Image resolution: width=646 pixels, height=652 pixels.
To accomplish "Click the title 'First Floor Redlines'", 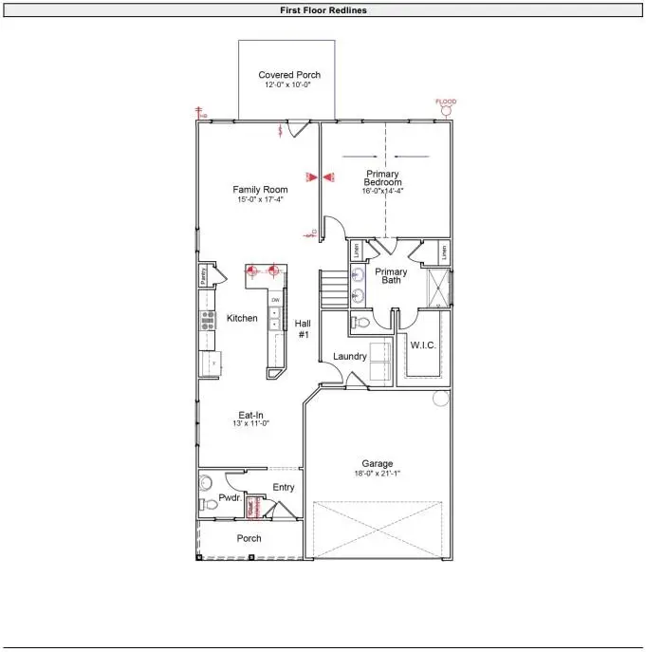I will (x=323, y=10).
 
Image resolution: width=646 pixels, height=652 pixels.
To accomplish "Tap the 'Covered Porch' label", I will (x=289, y=75).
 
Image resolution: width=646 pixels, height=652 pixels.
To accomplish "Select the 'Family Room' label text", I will (x=260, y=190).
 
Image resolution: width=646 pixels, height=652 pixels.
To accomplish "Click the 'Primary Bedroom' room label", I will (x=383, y=178).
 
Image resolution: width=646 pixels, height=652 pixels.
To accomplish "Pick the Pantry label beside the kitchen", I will (x=203, y=276).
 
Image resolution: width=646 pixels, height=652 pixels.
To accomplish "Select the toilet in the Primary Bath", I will (x=360, y=323).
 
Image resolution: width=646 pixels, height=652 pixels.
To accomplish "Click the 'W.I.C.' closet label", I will (x=422, y=345).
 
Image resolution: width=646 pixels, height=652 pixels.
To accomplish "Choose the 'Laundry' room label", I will (x=350, y=356).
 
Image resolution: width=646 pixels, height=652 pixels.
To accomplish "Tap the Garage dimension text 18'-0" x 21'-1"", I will (x=377, y=475).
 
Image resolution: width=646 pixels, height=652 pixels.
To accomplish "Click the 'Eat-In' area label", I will (x=251, y=415).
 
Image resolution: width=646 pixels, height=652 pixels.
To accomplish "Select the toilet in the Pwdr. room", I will (x=210, y=504).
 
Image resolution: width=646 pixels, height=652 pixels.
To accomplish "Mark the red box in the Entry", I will (x=253, y=507).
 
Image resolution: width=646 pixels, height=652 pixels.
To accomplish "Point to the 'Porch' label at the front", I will (x=249, y=538).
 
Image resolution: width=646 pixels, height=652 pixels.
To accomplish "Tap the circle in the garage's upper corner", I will (x=439, y=399).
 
